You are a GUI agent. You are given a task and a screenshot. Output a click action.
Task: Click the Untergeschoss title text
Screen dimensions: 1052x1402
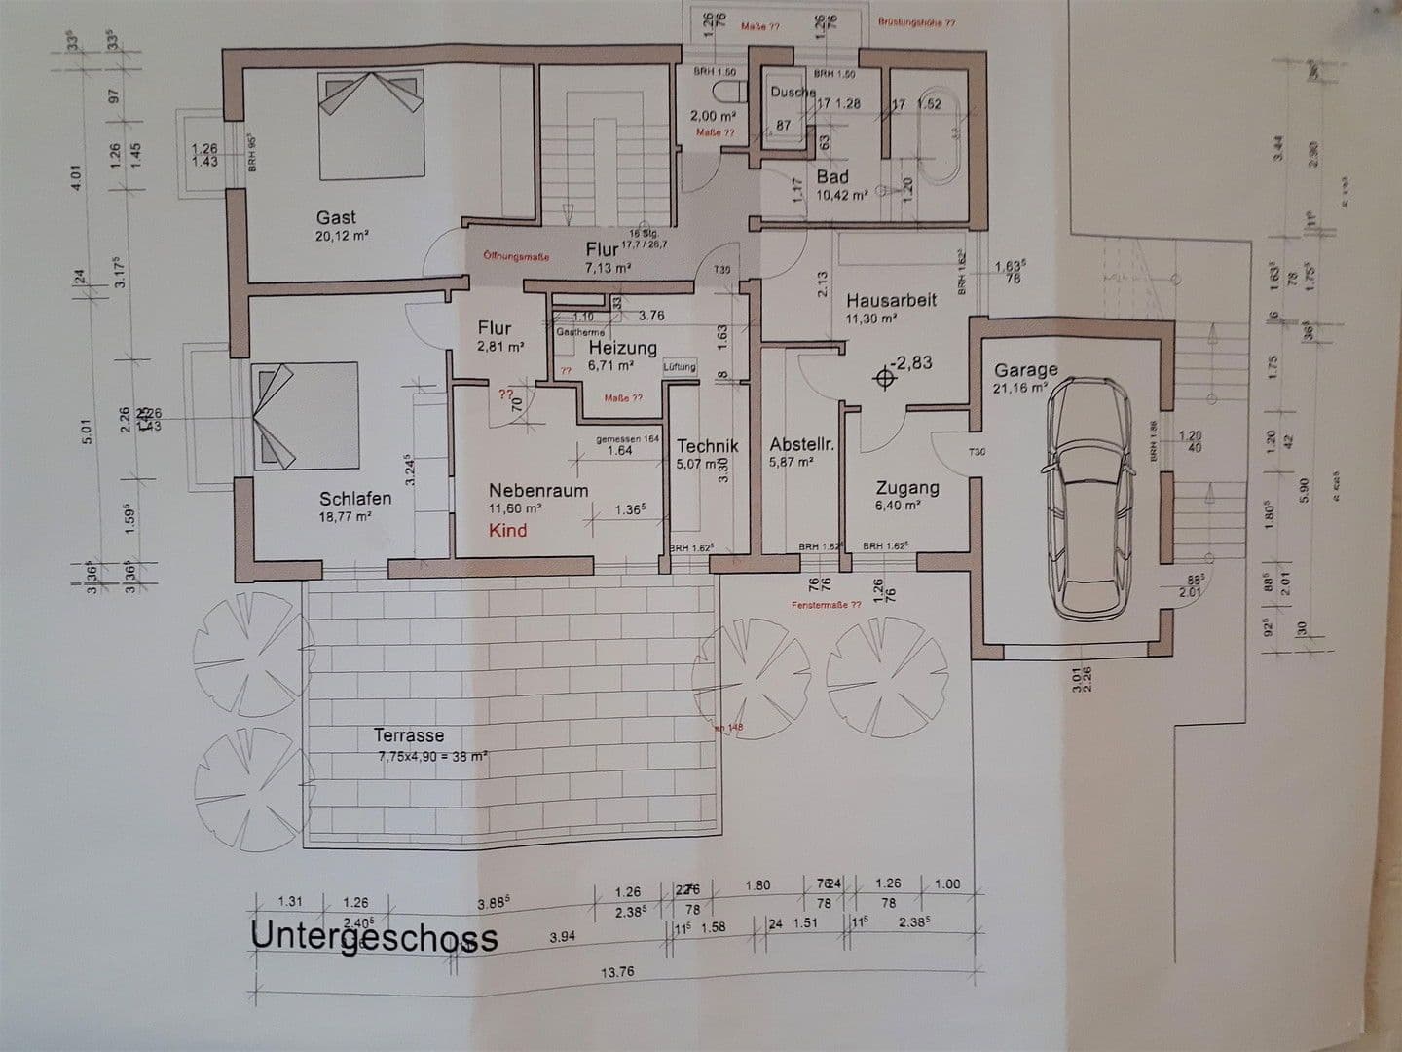(375, 936)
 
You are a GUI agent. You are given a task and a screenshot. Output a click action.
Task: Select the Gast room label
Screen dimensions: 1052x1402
(336, 218)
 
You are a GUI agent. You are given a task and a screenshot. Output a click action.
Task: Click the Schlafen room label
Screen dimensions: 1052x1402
(355, 498)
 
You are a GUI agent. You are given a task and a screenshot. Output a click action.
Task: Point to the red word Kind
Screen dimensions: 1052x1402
(508, 530)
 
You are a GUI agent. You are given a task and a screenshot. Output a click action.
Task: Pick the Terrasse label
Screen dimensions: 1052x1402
(409, 736)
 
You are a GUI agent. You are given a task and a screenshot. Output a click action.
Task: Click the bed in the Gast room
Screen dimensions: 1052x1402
(374, 129)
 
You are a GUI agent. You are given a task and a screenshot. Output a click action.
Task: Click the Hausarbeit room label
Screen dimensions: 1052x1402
(891, 300)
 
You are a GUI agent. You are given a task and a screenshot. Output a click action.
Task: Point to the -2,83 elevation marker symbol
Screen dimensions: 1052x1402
(885, 377)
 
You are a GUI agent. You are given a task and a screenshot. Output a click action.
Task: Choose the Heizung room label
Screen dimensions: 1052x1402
(622, 348)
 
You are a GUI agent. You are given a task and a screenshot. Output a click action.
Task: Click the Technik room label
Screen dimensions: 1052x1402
(708, 445)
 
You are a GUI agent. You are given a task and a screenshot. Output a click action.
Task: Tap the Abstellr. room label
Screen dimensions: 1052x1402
(802, 444)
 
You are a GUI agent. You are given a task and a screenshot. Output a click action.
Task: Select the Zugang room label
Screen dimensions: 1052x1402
(907, 488)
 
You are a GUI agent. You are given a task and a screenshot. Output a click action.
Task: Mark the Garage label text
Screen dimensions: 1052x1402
(1025, 370)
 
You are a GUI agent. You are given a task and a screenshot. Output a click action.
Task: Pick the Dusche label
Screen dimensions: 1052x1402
(793, 92)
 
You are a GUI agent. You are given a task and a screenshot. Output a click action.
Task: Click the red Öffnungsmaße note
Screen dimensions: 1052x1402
(516, 257)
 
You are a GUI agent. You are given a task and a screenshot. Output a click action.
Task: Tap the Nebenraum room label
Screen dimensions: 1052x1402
(538, 490)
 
